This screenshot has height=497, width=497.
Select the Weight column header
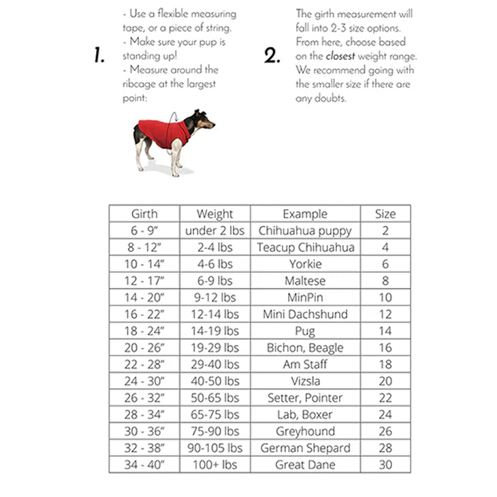214,214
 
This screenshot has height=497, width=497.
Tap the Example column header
305,214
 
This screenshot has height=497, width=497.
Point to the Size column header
385,214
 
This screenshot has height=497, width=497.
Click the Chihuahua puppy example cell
305,231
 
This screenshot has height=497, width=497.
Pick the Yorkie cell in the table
305,264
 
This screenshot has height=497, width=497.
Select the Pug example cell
305,332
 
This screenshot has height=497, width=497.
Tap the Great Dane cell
305,465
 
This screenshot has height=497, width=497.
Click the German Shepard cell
305,449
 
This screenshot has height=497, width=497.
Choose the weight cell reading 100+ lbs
214,465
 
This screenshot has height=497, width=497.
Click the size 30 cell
385,465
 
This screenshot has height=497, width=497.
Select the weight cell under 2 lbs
214,231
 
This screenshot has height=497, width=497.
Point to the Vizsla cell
305,382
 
